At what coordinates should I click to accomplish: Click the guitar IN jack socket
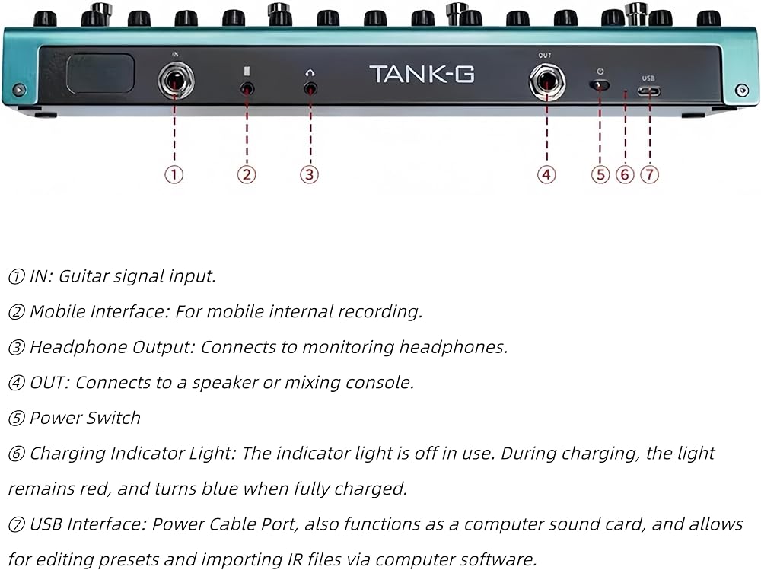[x=176, y=81]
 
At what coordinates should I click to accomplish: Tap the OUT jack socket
[x=547, y=81]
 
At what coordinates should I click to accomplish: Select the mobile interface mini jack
[x=247, y=89]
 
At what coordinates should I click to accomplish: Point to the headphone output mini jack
[x=310, y=89]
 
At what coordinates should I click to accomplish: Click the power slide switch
[x=600, y=85]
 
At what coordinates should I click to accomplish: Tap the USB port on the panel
[x=649, y=91]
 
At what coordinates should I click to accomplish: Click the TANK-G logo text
[x=422, y=75]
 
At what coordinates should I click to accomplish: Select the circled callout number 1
[x=174, y=174]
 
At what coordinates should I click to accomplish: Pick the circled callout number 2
[x=247, y=174]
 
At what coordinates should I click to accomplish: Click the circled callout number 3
[x=309, y=174]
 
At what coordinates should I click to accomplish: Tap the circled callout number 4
[x=546, y=174]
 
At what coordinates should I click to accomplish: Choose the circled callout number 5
[x=600, y=174]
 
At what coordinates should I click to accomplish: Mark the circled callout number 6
[x=625, y=174]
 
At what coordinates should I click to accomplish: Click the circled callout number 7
[x=650, y=174]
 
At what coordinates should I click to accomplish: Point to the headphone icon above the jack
[x=310, y=73]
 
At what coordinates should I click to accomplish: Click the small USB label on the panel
[x=648, y=78]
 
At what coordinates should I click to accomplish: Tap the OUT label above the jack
[x=545, y=56]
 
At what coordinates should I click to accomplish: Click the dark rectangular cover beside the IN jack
[x=100, y=74]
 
